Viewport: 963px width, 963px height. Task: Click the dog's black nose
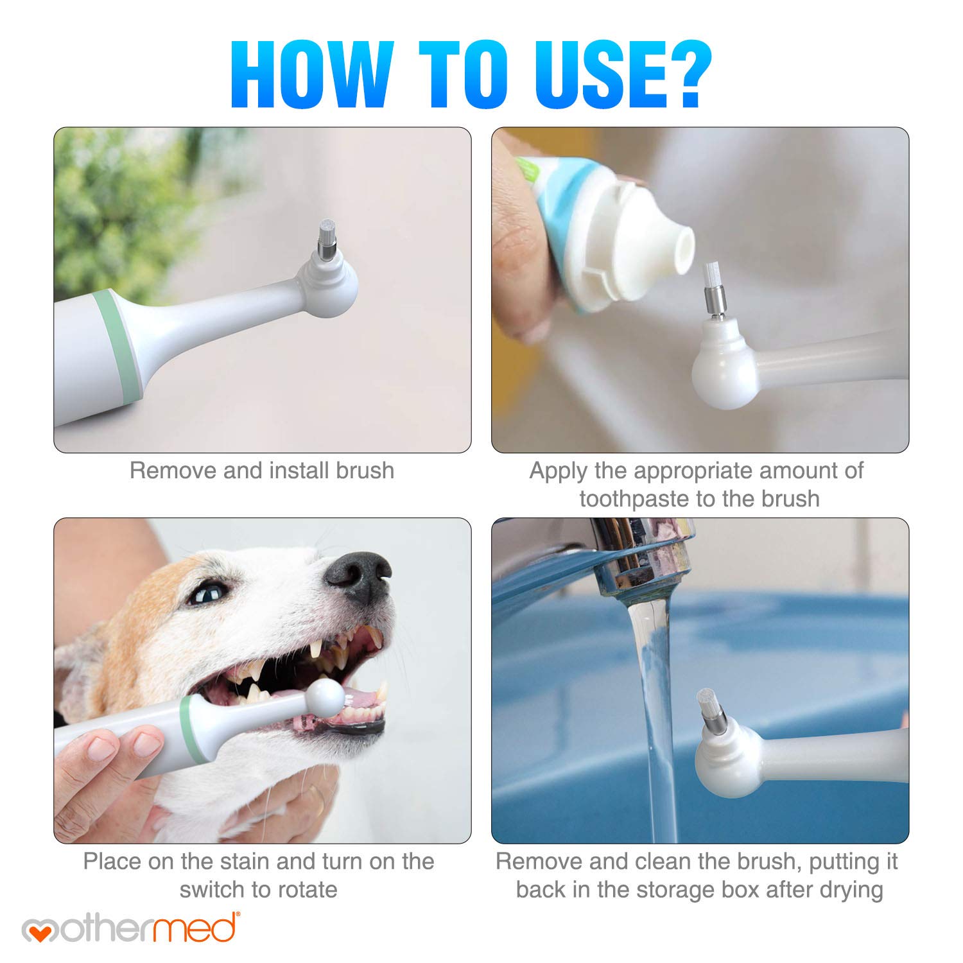(360, 575)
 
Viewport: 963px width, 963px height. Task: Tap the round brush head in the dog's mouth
(325, 697)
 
